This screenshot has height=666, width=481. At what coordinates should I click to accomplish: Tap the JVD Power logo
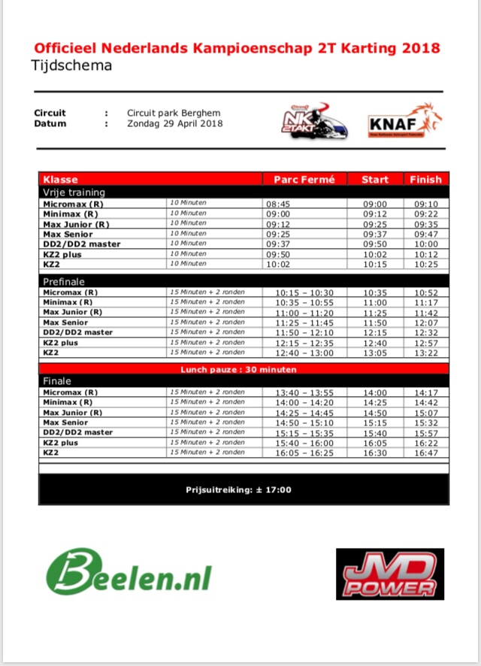click(x=389, y=574)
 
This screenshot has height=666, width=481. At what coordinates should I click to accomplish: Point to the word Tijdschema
click(x=71, y=65)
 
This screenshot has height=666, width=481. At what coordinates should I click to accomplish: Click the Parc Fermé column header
click(x=304, y=180)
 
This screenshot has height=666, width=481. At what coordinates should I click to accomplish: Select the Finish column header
click(x=425, y=180)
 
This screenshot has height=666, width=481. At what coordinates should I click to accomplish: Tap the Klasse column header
click(x=61, y=180)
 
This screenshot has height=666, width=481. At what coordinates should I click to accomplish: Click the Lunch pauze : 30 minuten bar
click(x=238, y=369)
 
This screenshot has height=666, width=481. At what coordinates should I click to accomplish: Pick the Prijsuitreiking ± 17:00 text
click(x=239, y=490)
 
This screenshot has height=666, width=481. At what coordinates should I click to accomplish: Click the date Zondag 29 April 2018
click(x=174, y=123)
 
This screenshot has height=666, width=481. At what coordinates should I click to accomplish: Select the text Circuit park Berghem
click(x=174, y=113)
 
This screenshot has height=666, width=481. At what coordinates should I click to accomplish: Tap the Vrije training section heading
click(x=74, y=192)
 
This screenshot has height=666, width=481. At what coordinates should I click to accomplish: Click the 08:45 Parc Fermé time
click(x=277, y=204)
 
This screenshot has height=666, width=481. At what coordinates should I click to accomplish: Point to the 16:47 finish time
click(x=425, y=453)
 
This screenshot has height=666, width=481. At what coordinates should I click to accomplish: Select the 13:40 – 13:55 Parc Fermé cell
click(x=304, y=392)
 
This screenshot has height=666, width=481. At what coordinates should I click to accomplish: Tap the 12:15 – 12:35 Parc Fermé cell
click(x=304, y=343)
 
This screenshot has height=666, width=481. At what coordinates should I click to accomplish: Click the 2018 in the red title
click(x=421, y=48)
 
